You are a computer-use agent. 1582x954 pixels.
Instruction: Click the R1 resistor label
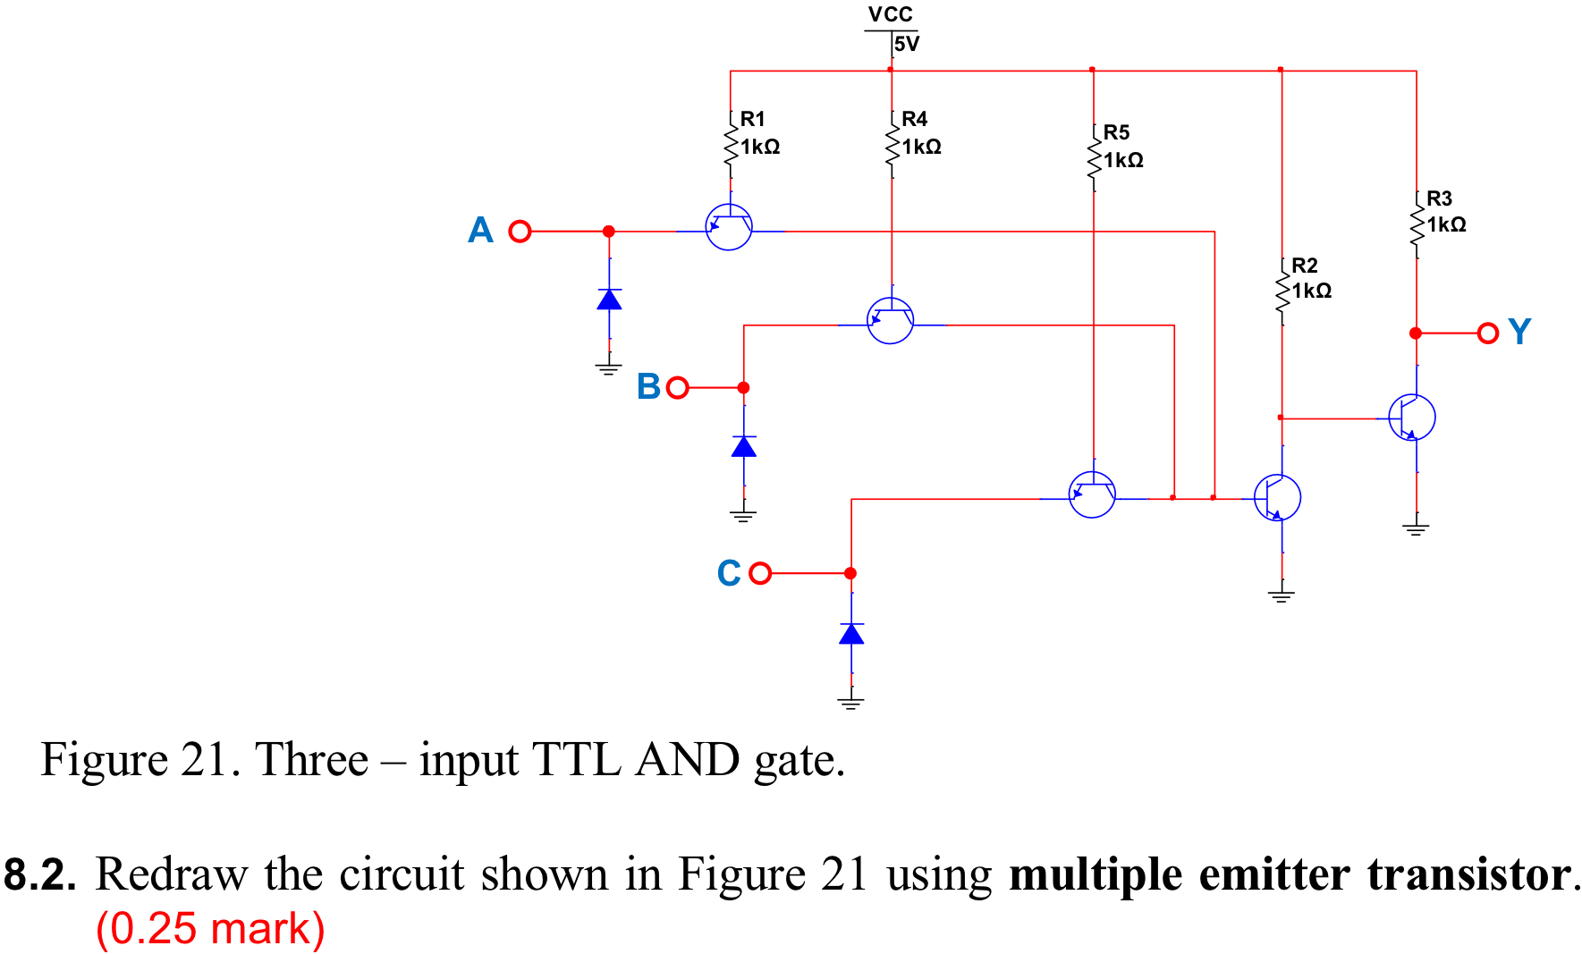click(752, 119)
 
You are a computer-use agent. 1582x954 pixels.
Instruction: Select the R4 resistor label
click(914, 119)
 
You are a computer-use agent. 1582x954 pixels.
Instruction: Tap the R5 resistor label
click(1116, 132)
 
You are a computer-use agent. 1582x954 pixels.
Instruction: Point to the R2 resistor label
click(1304, 266)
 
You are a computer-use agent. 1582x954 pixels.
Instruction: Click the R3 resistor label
click(1439, 198)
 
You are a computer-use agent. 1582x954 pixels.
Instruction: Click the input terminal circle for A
click(520, 232)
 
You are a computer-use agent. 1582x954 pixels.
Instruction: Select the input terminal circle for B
click(678, 388)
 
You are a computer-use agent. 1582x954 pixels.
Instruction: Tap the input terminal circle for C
click(760, 573)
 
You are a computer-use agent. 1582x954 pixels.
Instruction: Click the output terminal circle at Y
click(1488, 333)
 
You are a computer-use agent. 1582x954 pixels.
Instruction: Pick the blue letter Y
click(1519, 332)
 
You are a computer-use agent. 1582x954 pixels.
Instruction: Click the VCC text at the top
click(890, 14)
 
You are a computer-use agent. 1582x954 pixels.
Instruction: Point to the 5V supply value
click(906, 44)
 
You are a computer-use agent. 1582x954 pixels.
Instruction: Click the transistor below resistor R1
click(729, 227)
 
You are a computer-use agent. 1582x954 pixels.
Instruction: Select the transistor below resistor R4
click(891, 321)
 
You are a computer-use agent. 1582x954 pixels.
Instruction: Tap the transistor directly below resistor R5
click(1092, 494)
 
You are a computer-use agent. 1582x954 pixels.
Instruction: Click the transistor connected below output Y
click(1412, 418)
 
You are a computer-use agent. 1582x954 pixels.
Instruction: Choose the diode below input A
click(609, 300)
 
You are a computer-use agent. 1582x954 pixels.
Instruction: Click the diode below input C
click(851, 634)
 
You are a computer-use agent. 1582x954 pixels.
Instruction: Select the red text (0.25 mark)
click(210, 929)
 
